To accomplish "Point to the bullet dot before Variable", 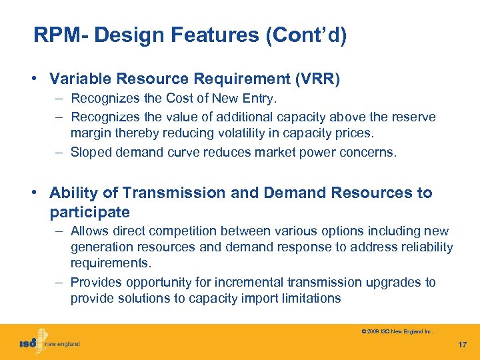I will pyautogui.click(x=33, y=79).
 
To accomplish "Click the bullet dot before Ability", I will pyautogui.click(x=33, y=193).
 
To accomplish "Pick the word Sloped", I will pyautogui.click(x=92, y=152).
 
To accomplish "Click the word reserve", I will pyautogui.click(x=414, y=117).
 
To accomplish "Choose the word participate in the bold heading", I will pyautogui.click(x=89, y=212).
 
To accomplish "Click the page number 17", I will pyautogui.click(x=463, y=345).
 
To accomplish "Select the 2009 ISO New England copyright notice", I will pyautogui.click(x=397, y=331).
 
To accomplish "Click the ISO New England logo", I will pyautogui.click(x=49, y=343).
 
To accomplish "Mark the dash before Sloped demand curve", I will pyautogui.click(x=59, y=152).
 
